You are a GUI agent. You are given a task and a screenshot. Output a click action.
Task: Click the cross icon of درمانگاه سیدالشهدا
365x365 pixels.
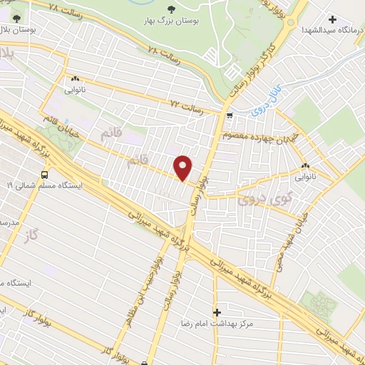point(332,19)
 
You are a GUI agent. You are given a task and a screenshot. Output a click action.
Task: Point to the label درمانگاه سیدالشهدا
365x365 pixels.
point(331,31)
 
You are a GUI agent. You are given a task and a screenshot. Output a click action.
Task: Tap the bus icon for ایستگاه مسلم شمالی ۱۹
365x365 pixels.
point(46,173)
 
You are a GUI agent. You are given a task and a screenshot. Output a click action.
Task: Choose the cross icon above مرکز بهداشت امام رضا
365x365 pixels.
point(217,312)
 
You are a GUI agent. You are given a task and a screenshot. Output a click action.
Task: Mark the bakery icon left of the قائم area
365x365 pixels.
point(74,80)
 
